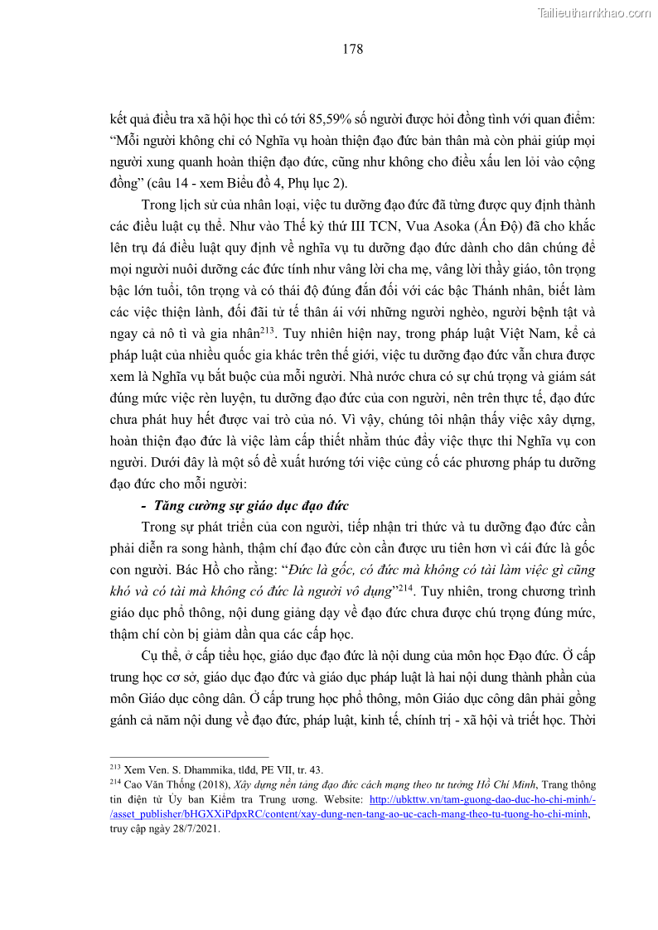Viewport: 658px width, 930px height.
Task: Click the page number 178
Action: coord(352,50)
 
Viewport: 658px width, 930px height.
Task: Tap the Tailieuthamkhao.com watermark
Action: coord(593,13)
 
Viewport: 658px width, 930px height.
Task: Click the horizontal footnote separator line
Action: coord(189,757)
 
